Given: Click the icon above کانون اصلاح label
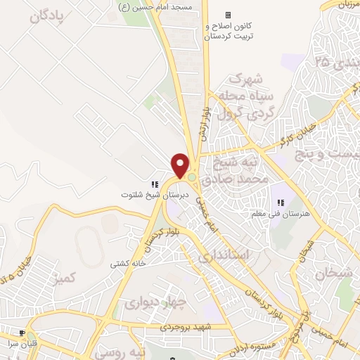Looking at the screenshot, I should pos(227,15).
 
